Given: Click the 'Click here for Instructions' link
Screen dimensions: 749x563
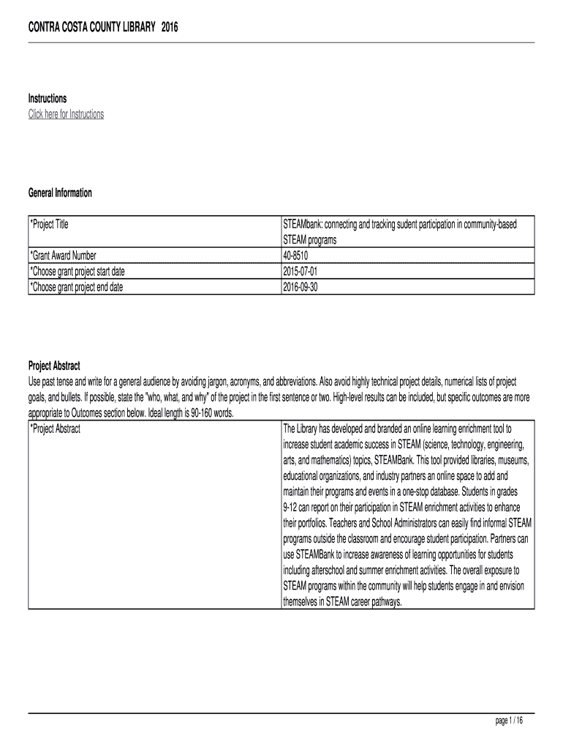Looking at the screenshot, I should (66, 114).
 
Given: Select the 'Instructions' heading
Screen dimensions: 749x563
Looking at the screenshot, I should (48, 98).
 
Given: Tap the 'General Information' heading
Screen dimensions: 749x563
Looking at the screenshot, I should (60, 193).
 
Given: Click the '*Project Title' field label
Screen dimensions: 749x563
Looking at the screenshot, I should (49, 225).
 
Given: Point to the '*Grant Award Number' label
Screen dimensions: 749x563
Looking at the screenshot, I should (63, 255).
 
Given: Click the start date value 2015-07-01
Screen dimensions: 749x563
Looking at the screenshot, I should (301, 271).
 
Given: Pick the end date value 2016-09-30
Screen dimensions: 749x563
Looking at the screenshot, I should (301, 287).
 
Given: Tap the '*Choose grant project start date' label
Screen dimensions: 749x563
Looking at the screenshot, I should (81, 271).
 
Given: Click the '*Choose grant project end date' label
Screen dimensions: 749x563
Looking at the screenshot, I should (76, 287).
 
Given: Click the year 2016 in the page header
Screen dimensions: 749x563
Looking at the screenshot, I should (170, 27).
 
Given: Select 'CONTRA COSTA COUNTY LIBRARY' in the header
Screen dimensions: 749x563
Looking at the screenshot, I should (91, 27).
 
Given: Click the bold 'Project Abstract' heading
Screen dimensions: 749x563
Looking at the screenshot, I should (54, 366).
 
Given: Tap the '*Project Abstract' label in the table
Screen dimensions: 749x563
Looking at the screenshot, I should (55, 429).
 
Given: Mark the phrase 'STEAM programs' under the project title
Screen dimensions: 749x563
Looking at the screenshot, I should (309, 240).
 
